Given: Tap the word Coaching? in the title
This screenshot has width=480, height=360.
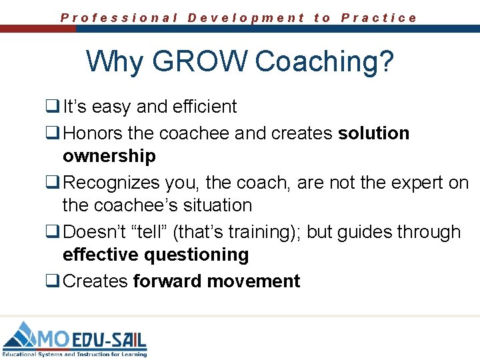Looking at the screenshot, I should pos(324,61).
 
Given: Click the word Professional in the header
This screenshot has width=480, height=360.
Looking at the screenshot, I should pos(119,18).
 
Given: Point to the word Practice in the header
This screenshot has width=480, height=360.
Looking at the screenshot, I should pos(379,18).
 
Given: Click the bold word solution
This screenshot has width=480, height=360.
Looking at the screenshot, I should pos(373,133).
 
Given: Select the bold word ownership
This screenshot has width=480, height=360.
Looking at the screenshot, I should pos(109,156).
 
